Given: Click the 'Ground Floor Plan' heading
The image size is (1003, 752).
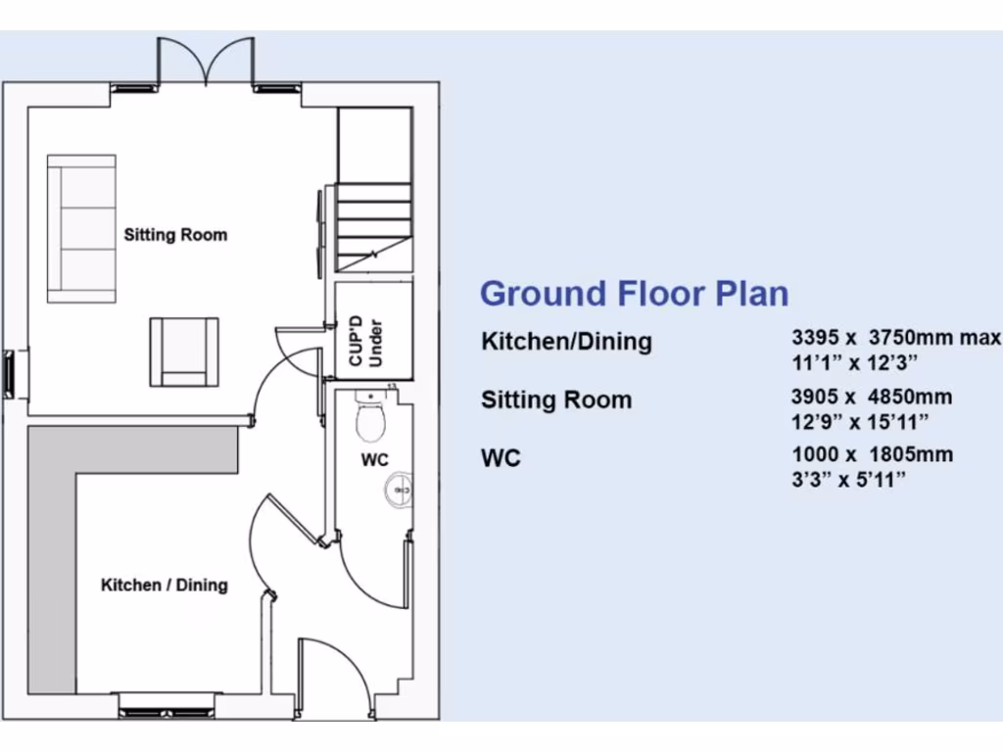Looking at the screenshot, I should tap(634, 294).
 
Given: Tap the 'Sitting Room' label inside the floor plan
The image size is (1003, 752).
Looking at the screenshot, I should tap(175, 235).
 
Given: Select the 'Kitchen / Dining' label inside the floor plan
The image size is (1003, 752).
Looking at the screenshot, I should tap(165, 586).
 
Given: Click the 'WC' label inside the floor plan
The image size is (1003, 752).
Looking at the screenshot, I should tap(374, 459).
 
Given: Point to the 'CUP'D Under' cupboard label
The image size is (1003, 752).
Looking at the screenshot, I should tap(364, 342).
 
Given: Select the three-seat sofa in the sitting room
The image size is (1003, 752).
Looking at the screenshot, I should tap(82, 228).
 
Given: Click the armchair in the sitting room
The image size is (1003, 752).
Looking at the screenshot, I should tap(183, 352).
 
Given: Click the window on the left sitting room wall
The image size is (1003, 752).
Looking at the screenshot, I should tap(11, 374).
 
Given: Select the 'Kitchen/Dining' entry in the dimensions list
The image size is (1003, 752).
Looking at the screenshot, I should tap(566, 342).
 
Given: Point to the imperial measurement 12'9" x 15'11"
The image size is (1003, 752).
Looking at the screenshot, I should tap(860, 421).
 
